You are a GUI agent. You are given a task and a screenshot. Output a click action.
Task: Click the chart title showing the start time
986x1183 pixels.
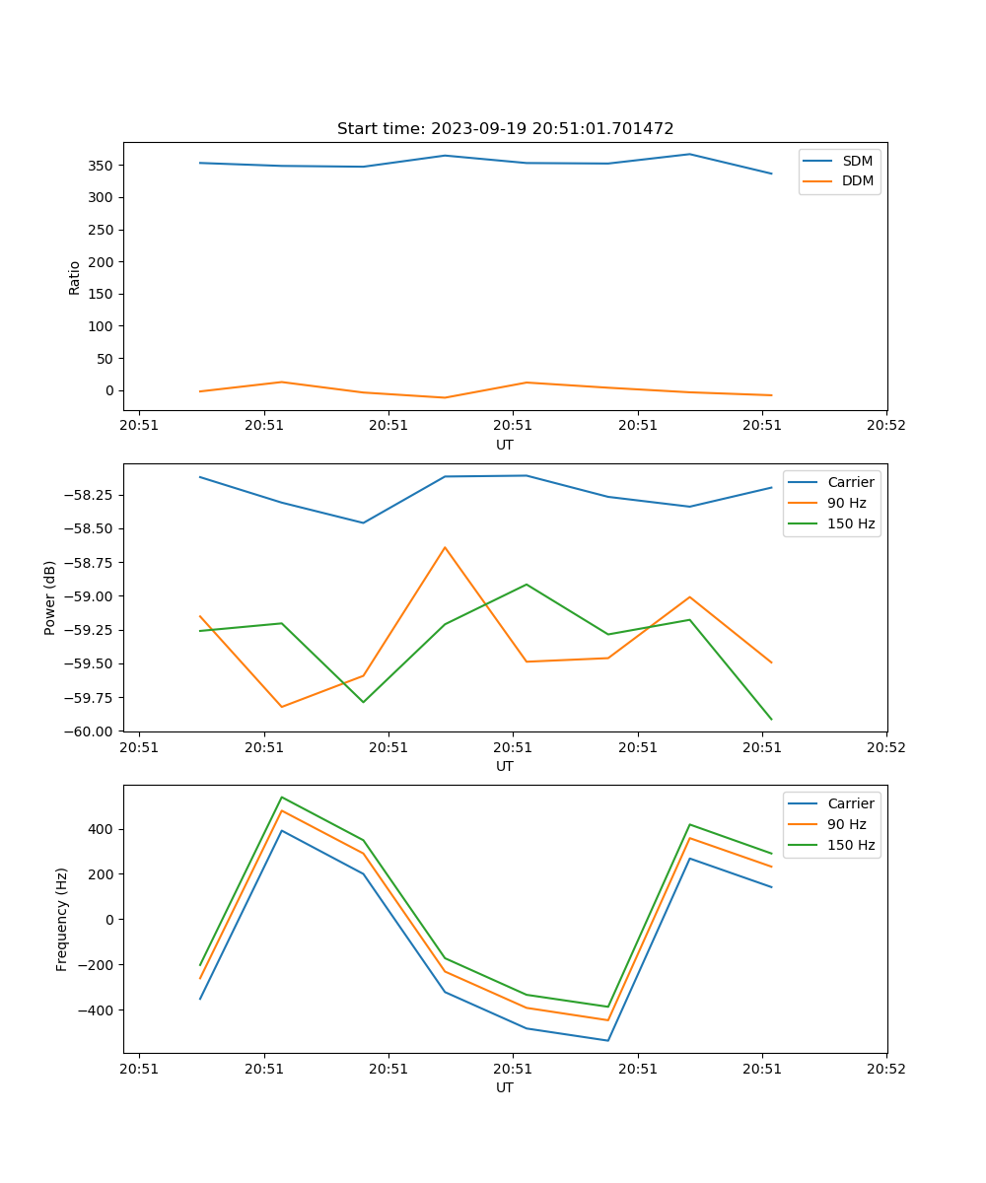(505, 129)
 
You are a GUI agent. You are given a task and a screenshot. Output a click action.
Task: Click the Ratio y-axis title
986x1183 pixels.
(75, 277)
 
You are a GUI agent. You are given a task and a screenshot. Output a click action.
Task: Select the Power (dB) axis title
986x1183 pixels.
(50, 597)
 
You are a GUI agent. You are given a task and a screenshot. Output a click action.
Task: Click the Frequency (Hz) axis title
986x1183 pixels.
(62, 919)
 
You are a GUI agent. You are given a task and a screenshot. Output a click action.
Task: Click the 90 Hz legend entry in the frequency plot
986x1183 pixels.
(846, 824)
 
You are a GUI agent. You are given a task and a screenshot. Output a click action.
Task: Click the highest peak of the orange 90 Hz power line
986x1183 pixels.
(445, 547)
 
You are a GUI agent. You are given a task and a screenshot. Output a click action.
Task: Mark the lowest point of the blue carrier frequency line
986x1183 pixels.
(607, 1040)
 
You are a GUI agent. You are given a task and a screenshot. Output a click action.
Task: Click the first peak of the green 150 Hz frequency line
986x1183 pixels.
(282, 797)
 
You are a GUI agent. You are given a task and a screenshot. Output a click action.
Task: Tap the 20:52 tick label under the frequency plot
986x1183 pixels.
(885, 1068)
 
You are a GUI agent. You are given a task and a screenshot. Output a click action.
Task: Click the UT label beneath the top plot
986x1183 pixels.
(505, 445)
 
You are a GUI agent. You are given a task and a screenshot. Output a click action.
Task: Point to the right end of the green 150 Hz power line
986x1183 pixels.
(771, 720)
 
